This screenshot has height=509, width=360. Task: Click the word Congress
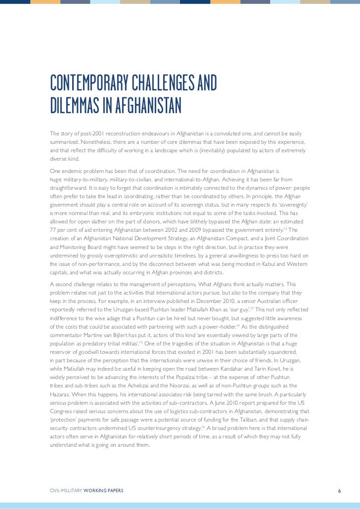click(62, 410)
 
